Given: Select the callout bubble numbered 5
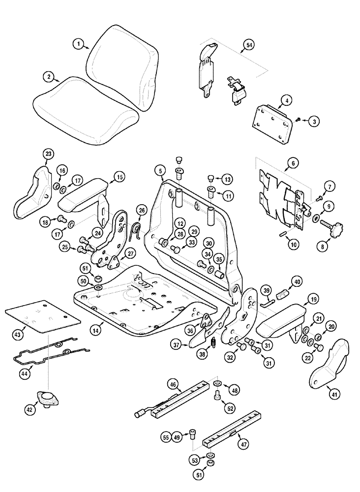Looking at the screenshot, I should click(x=160, y=171).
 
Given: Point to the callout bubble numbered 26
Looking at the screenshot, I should click(x=142, y=211).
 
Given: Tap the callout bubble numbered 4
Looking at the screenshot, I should click(x=284, y=102).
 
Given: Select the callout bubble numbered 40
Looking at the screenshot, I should click(x=297, y=282).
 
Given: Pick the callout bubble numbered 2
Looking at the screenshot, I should click(x=48, y=77).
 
